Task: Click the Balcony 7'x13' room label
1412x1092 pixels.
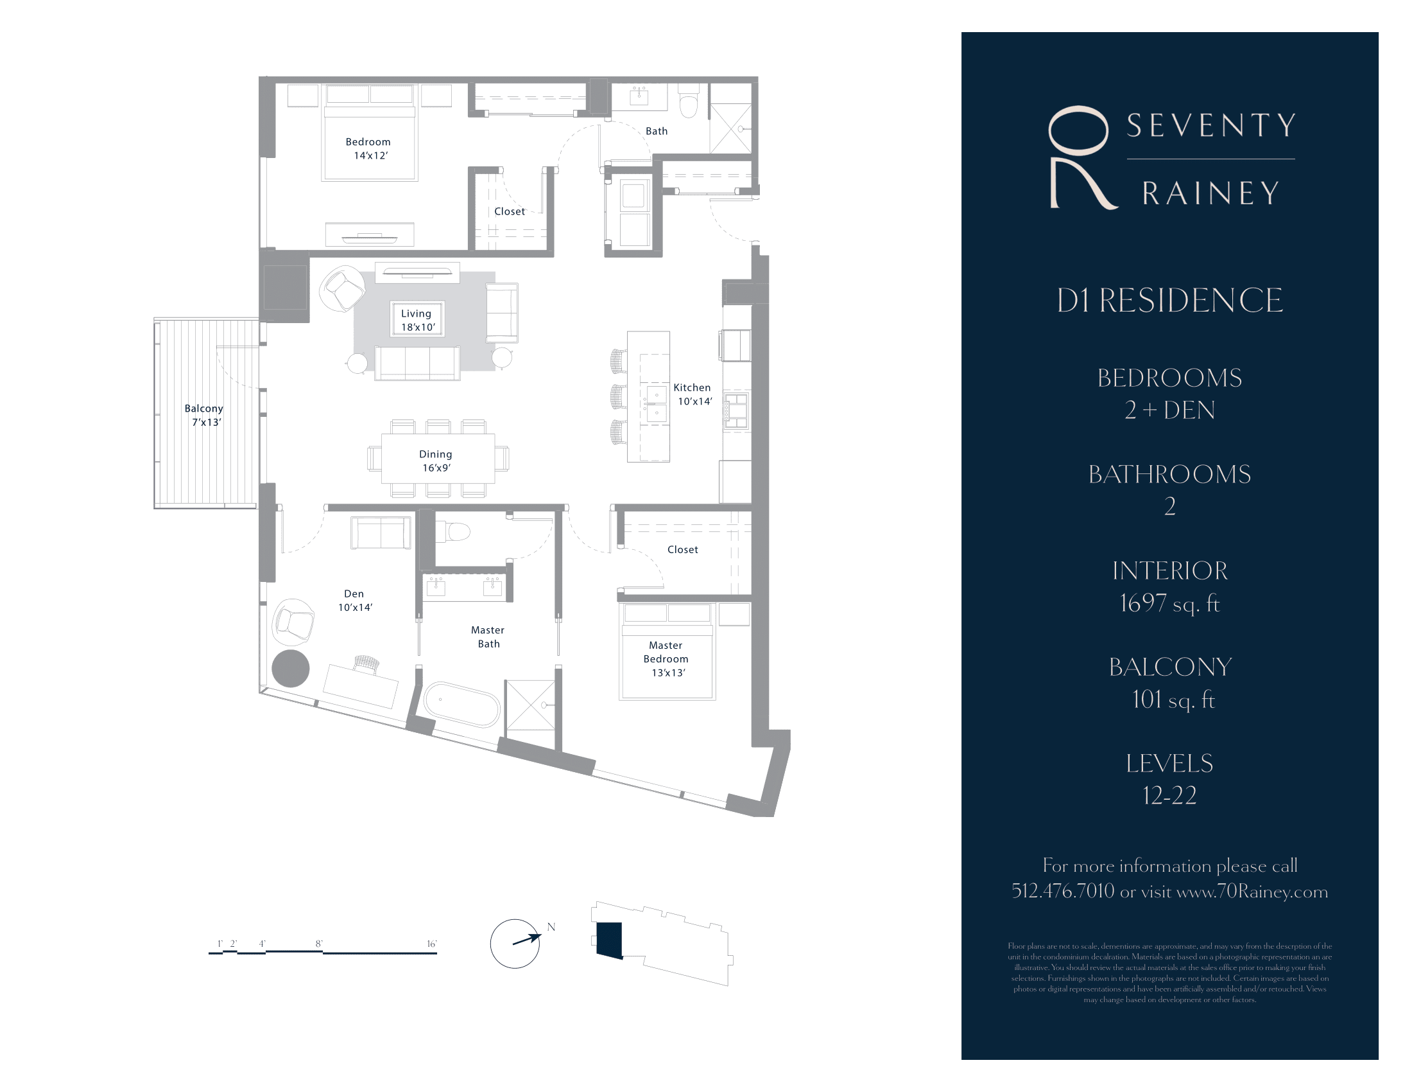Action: [203, 416]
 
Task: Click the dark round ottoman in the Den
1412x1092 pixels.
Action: [290, 668]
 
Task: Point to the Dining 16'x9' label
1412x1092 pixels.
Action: [436, 461]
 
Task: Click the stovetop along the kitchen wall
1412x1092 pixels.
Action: [736, 410]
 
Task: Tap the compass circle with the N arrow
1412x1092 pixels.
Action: [515, 944]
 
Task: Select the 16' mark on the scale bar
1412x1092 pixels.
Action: [431, 944]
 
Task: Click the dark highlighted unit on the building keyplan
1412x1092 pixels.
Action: [609, 939]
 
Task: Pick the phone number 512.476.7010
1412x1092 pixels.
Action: [1062, 892]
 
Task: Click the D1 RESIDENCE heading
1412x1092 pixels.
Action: [1169, 301]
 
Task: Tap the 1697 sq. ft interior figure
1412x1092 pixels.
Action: [1169, 604]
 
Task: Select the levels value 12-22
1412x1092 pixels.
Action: [1169, 795]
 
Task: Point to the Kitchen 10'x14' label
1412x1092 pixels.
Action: [693, 394]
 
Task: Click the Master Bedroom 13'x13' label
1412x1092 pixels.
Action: [667, 658]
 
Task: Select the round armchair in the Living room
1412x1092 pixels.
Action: [343, 288]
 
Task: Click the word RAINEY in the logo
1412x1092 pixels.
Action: [1210, 193]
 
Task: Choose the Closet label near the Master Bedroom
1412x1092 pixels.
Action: [682, 549]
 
